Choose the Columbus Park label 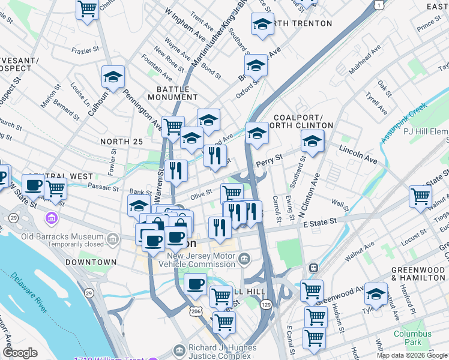pyautogui.click(x=412, y=338)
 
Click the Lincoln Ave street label pyautogui.click(x=358, y=154)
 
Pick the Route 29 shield pyautogui.click(x=89, y=292)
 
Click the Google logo pyautogui.click(x=20, y=353)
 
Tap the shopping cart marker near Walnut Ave pyautogui.click(x=420, y=196)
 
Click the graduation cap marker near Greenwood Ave pyautogui.click(x=376, y=293)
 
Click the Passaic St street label pyautogui.click(x=103, y=187)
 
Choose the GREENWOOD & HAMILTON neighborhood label pyautogui.click(x=417, y=274)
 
